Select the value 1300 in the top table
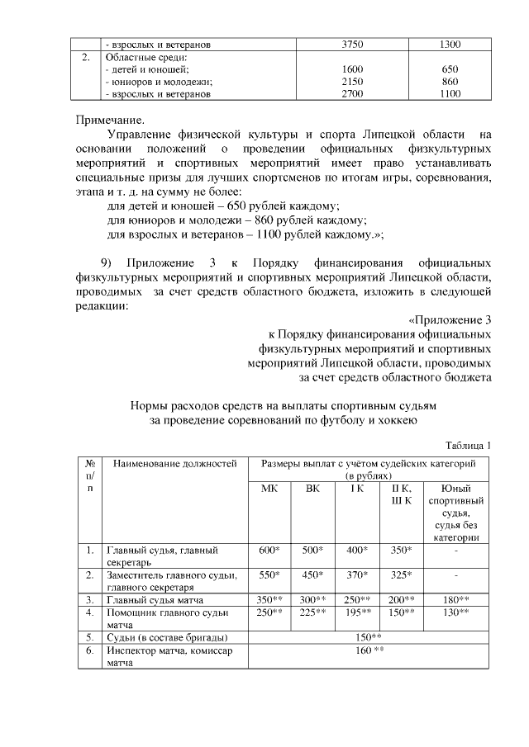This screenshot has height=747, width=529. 450,44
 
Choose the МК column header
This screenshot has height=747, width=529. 269,488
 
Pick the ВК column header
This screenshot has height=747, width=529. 312,488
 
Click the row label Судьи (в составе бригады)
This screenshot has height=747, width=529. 166,637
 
